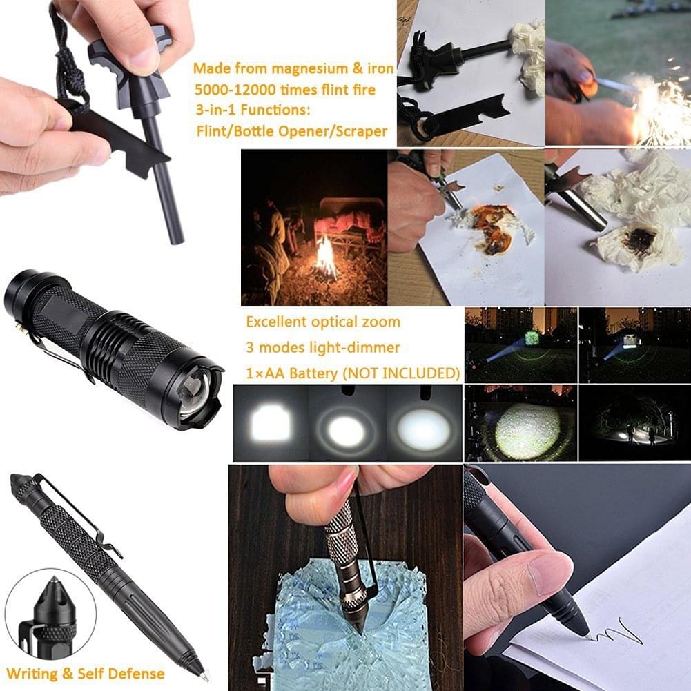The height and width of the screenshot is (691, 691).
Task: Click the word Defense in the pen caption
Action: pos(136,674)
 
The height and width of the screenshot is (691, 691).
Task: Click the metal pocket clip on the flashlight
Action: pos(57,353)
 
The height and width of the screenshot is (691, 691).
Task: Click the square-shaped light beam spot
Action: pos(271,424)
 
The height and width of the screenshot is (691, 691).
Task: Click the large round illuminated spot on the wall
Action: pos(527,430)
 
